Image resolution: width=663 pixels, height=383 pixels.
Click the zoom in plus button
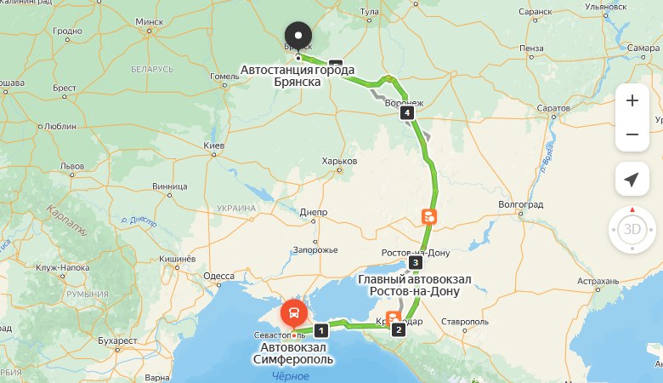click(632, 100)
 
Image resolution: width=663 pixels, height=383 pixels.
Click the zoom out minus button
click(632, 134)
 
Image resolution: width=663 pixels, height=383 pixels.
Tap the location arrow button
click(632, 180)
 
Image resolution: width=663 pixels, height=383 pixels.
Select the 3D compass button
click(632, 229)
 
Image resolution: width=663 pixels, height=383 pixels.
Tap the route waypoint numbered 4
click(409, 112)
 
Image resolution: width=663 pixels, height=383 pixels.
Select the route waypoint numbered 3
click(415, 262)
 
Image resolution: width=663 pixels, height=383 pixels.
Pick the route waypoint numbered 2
click(397, 330)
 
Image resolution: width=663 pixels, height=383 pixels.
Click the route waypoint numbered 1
click(320, 329)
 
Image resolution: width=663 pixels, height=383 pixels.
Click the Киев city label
click(213, 146)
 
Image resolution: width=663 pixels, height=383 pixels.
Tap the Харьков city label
click(341, 161)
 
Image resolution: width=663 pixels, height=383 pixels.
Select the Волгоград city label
click(520, 205)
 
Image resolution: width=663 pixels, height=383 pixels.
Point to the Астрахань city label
click(597, 281)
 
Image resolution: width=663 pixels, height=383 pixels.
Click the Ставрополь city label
click(463, 323)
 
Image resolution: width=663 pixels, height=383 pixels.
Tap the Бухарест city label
click(117, 340)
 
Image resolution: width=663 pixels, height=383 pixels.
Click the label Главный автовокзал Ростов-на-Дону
click(409, 285)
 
